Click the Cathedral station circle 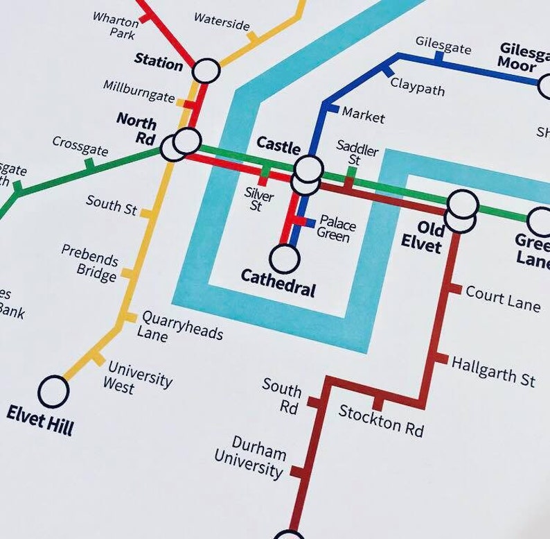click(284, 259)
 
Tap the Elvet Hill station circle click(53, 391)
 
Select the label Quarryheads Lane click(181, 325)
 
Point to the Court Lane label click(502, 298)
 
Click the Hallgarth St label click(493, 369)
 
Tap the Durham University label click(249, 459)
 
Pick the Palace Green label click(337, 230)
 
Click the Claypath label click(417, 87)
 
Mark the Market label click(363, 115)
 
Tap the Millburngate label click(139, 91)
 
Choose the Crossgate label click(80, 146)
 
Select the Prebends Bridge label click(89, 263)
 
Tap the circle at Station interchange click(206, 71)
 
